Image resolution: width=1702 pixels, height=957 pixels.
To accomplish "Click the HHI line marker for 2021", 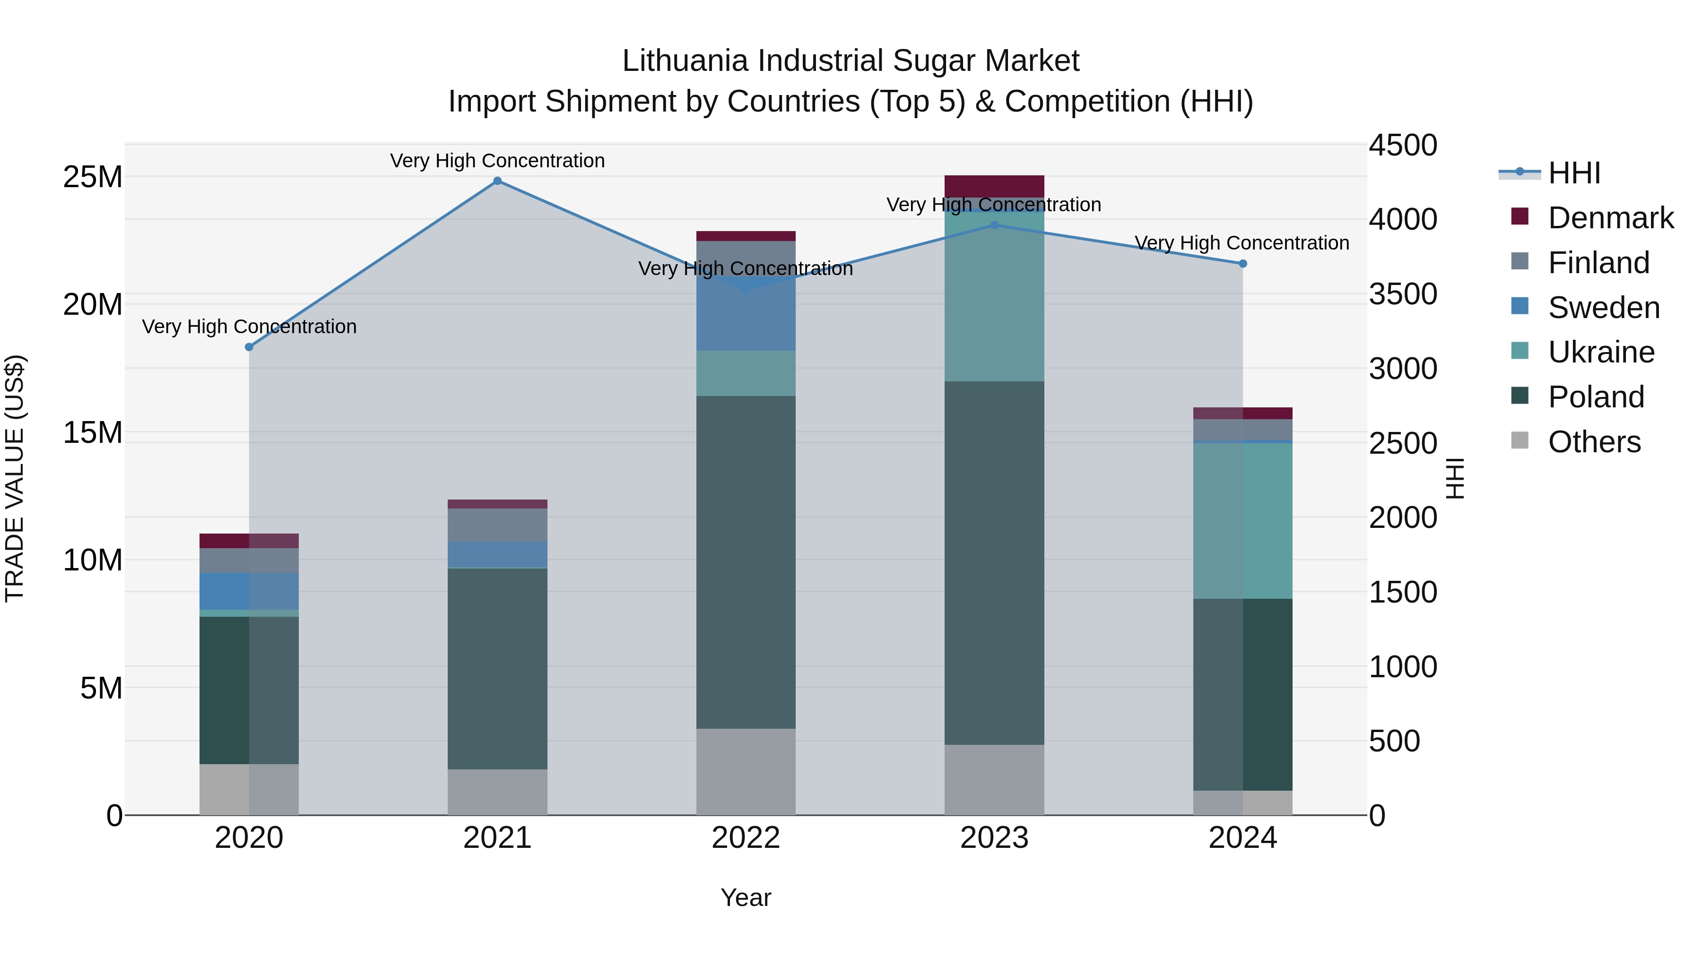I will [497, 181].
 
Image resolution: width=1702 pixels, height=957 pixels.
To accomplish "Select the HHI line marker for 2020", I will [249, 347].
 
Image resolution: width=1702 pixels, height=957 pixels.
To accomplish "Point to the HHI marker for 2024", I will [1243, 264].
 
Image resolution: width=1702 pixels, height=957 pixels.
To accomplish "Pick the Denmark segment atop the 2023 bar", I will [994, 186].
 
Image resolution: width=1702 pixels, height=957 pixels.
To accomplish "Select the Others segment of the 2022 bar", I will [746, 771].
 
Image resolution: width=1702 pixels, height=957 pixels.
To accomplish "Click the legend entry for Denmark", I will [1610, 218].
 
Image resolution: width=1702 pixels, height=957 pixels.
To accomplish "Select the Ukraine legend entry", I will [1601, 352].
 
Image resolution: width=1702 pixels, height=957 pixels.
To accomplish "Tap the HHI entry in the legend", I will [1574, 173].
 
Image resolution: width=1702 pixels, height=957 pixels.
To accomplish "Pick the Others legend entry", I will [1594, 442].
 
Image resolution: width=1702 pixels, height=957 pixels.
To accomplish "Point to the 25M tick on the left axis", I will [93, 177].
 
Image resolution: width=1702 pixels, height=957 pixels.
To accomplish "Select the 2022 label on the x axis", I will [746, 838].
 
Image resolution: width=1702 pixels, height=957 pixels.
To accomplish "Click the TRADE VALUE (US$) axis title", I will [15, 478].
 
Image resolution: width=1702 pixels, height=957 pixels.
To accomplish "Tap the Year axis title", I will [746, 897].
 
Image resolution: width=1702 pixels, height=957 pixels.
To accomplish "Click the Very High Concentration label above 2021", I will [497, 161].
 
